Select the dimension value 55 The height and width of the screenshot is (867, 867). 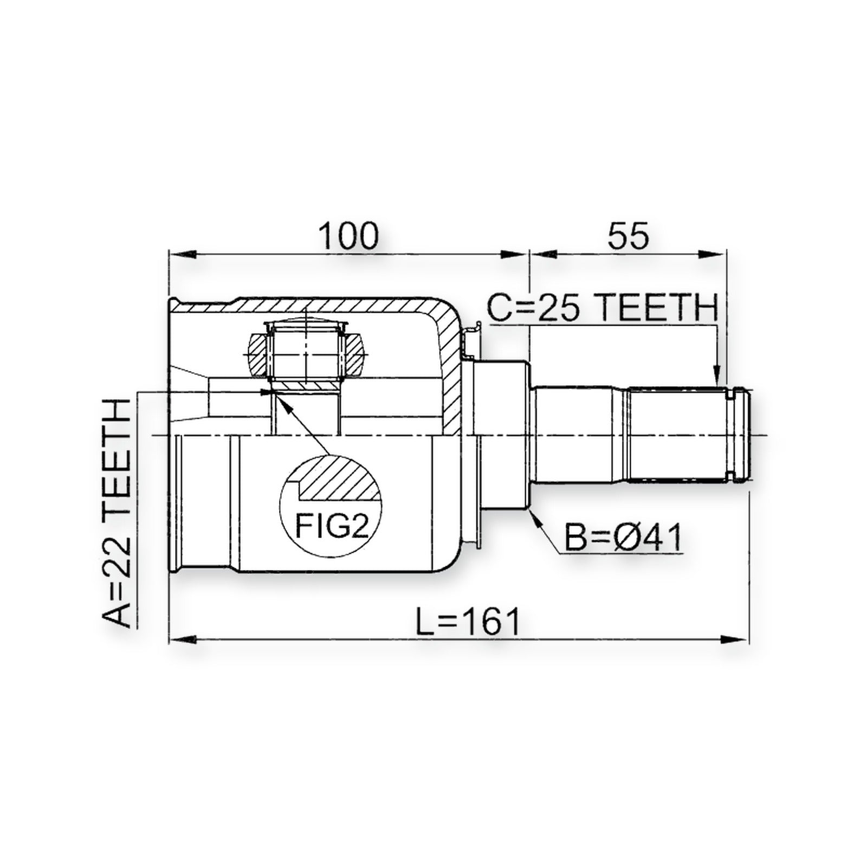click(x=627, y=236)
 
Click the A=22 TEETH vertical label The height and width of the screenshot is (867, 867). click(x=117, y=513)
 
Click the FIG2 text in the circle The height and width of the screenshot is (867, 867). click(x=332, y=525)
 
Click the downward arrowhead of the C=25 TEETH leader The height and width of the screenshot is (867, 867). click(x=716, y=376)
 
